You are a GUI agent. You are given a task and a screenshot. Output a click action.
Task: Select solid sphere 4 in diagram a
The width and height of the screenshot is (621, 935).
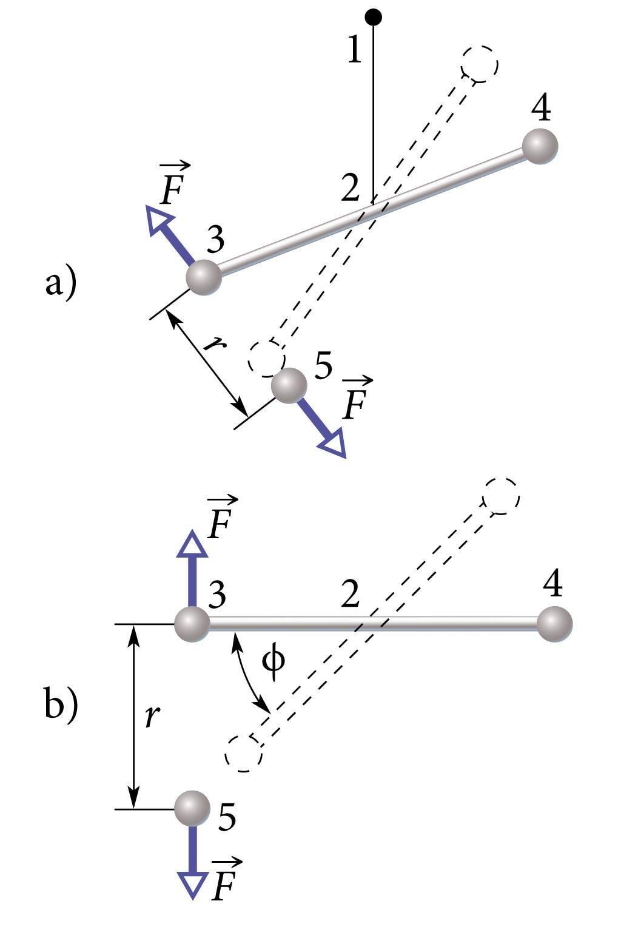[x=539, y=146]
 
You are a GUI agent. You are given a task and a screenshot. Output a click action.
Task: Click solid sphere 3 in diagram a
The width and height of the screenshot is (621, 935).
[x=204, y=277]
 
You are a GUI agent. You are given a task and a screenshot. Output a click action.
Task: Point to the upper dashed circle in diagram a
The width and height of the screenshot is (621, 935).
[x=480, y=64]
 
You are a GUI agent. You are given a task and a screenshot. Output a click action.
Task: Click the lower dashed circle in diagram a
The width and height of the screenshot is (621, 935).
[x=266, y=357]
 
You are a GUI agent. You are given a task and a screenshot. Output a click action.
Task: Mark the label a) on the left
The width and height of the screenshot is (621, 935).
[x=61, y=283]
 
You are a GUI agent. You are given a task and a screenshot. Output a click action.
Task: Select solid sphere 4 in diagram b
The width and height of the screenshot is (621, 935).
[x=554, y=623]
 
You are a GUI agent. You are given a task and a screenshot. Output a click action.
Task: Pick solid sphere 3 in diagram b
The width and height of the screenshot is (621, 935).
[x=192, y=624]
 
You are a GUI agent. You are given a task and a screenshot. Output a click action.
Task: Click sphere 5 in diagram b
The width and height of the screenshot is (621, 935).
[x=192, y=808]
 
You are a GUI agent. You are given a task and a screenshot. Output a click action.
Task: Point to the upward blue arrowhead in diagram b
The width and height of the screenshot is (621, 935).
[x=192, y=544]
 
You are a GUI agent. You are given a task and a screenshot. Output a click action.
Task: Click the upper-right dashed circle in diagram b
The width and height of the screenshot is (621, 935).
[x=501, y=496]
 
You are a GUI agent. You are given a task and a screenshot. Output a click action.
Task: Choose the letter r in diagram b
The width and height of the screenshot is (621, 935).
[x=152, y=717]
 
